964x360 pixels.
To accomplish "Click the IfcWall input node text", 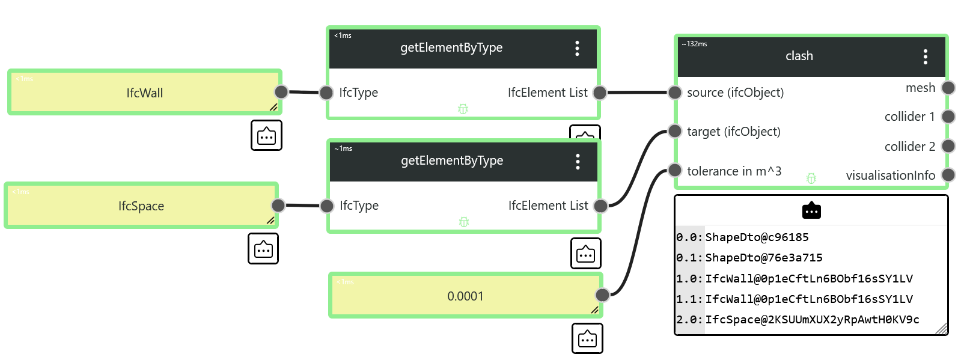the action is (x=145, y=93).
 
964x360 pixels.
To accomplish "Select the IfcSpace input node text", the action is (x=141, y=206).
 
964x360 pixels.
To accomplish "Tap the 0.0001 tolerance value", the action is (x=465, y=296).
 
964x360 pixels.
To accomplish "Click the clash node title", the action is (x=799, y=56).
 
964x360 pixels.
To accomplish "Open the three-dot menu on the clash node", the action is (x=926, y=56).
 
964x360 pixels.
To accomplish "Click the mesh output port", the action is (x=948, y=88).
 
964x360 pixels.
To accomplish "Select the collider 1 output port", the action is (x=948, y=117).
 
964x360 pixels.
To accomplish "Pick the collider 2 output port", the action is (x=948, y=146).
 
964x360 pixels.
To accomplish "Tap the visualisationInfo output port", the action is (x=948, y=175).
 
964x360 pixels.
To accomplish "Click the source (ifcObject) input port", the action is (x=675, y=92).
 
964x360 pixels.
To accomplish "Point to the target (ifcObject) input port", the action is (x=675, y=131).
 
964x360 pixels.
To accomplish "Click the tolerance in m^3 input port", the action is (x=675, y=170).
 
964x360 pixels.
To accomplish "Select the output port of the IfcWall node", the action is (x=281, y=91).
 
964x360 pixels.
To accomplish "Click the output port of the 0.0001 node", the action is (x=602, y=295).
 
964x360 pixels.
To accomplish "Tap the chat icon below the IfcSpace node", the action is (x=263, y=249).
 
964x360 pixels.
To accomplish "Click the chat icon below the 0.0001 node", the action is (x=587, y=338).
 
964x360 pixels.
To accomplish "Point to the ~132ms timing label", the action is (x=694, y=44).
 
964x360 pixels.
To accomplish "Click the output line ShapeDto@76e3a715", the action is (x=764, y=258).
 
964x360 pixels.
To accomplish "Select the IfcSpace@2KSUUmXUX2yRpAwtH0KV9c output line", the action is (x=812, y=320).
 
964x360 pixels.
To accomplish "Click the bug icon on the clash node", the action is (x=811, y=178).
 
